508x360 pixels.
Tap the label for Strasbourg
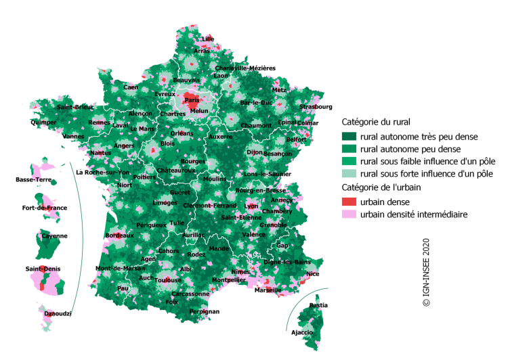tap(316, 106)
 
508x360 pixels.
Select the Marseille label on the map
tap(268, 290)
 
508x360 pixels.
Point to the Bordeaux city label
tap(120, 235)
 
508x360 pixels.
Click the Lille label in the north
tap(208, 39)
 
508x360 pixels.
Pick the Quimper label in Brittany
tap(43, 122)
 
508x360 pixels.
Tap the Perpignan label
tap(205, 311)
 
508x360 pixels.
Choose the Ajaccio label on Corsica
tap(301, 332)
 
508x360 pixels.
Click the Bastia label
tap(318, 306)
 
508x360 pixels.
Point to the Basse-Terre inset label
tap(34, 179)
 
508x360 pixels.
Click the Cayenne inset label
tap(55, 235)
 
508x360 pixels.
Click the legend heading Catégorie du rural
tap(376, 122)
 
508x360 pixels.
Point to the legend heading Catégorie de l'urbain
tap(381, 187)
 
